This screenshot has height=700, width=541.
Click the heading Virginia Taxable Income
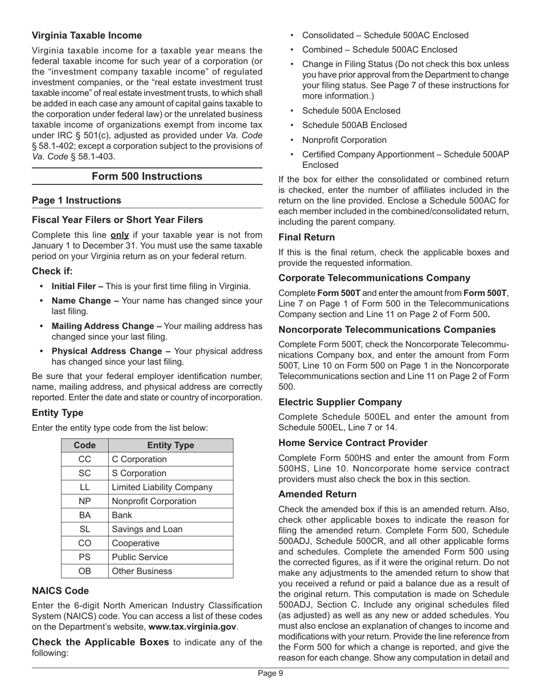(x=87, y=35)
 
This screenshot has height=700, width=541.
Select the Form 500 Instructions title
(x=147, y=176)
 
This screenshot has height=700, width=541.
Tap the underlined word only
(x=119, y=235)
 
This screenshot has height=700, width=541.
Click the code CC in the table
(x=84, y=459)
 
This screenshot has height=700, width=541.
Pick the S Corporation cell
(x=140, y=473)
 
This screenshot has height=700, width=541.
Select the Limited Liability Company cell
(x=162, y=487)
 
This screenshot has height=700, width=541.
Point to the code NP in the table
(x=84, y=501)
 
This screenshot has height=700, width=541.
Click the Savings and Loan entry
(x=147, y=529)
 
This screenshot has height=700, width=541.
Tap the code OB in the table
(x=84, y=571)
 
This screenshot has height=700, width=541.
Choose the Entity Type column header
(x=170, y=445)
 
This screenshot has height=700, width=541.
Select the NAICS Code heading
(x=60, y=591)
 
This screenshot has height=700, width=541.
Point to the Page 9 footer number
(x=270, y=673)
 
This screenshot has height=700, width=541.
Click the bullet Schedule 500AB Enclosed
(x=354, y=125)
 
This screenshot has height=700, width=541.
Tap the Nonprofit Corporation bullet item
(x=344, y=140)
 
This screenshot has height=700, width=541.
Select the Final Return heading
(x=306, y=237)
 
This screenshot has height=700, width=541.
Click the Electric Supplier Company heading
(x=340, y=402)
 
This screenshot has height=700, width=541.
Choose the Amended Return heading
(x=317, y=494)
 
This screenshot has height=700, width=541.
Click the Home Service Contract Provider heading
(x=353, y=443)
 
